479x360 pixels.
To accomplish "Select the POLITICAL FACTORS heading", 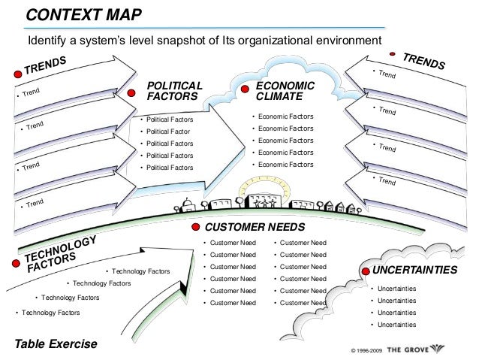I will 174,91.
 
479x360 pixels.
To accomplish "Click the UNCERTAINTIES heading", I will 414,270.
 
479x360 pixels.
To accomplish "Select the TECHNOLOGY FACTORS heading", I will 60,253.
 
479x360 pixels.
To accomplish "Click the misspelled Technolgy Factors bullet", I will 50,312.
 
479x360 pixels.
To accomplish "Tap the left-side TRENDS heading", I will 46,65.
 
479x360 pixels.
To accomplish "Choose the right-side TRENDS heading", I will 424,61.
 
